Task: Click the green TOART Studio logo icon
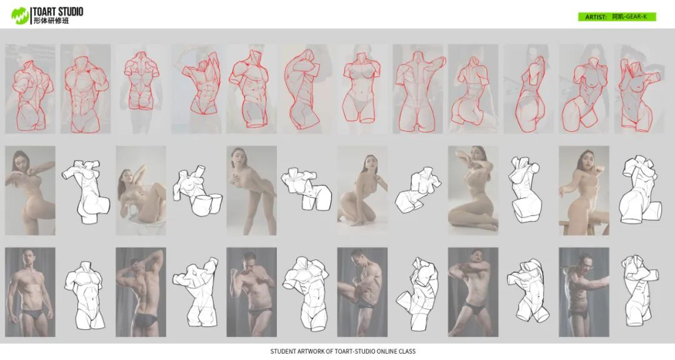tap(20, 16)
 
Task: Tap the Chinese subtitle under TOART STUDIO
tap(51, 21)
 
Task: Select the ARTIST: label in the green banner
tap(596, 17)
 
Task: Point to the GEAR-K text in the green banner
tap(636, 17)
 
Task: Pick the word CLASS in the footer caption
tap(407, 351)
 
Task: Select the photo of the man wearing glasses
tap(584, 292)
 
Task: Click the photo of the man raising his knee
tap(362, 292)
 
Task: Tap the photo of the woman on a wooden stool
tap(584, 191)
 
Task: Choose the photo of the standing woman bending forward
tap(251, 191)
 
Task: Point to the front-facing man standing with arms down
tap(30, 292)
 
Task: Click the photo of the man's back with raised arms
tap(141, 292)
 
